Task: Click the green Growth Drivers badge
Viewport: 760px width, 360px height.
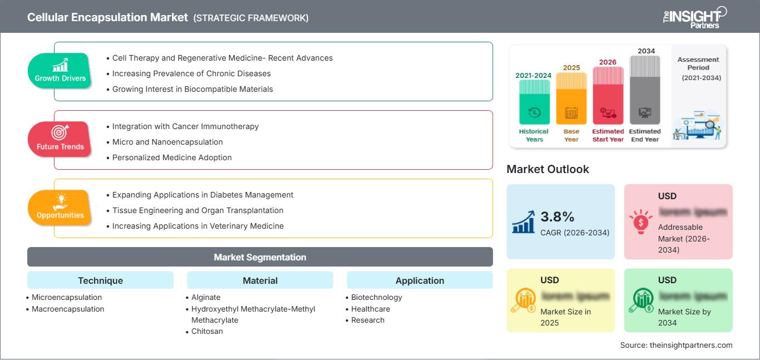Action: click(x=60, y=71)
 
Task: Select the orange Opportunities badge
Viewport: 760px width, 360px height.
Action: click(x=60, y=208)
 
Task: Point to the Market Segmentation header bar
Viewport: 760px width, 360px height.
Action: click(x=260, y=257)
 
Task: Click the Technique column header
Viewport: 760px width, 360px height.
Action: click(x=100, y=280)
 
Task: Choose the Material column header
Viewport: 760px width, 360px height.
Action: click(x=260, y=280)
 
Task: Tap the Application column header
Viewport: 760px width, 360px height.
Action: click(x=420, y=280)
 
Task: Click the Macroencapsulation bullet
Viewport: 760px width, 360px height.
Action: click(x=67, y=309)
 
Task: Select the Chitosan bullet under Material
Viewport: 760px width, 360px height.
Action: click(x=207, y=331)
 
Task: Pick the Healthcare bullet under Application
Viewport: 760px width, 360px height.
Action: click(x=371, y=309)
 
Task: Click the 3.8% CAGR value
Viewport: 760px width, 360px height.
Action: click(x=557, y=216)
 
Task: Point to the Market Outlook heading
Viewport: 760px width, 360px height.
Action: click(x=547, y=169)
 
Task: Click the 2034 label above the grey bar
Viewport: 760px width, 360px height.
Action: click(x=646, y=51)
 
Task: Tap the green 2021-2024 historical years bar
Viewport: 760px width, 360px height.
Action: click(x=534, y=102)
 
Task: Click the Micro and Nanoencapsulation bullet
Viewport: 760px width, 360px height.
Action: click(x=167, y=142)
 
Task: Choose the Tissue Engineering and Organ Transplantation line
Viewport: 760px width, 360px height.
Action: click(x=198, y=210)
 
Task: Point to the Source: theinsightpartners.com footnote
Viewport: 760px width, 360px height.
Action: click(x=676, y=345)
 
